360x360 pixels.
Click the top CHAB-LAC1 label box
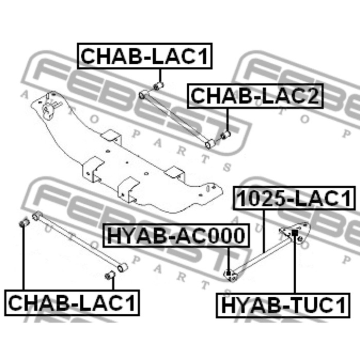coord(145,56)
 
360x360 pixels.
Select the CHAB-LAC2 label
coord(256,96)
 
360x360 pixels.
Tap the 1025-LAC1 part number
coord(295,199)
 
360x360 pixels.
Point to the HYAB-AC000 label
coord(175,236)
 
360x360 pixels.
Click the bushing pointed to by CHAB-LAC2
coord(225,136)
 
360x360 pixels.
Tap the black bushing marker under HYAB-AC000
coord(229,273)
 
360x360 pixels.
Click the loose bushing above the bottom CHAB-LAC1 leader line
coord(23,224)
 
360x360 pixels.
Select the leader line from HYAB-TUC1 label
coord(295,267)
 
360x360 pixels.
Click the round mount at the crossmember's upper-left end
coord(50,109)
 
